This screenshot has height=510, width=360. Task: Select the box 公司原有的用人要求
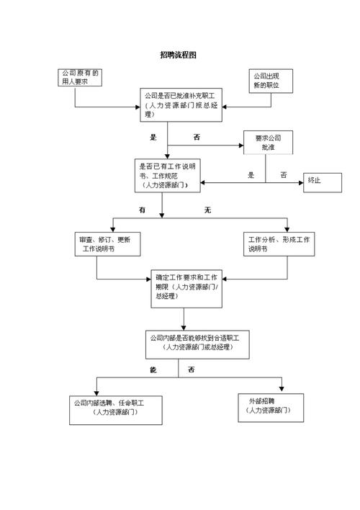(81, 78)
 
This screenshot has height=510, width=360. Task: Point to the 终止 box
(321, 180)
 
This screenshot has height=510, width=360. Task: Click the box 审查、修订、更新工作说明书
(107, 244)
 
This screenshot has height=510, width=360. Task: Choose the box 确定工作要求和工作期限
(186, 287)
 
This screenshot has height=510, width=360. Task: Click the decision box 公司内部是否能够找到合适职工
(195, 344)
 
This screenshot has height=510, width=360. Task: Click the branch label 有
(143, 210)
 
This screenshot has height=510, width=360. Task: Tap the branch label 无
(207, 210)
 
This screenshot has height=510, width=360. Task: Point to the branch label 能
(153, 370)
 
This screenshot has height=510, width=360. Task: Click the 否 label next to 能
(192, 370)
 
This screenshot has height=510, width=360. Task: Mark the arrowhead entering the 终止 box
(302, 183)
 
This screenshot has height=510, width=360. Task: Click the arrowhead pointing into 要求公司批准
(241, 146)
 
